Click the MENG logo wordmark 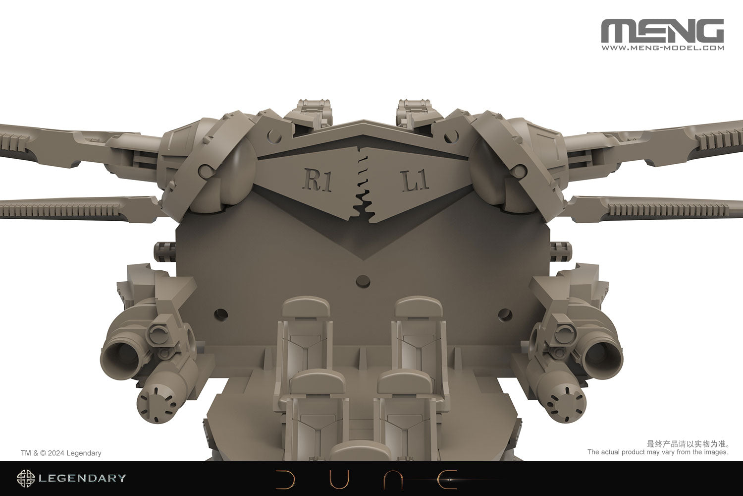(662, 31)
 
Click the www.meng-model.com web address (662, 48)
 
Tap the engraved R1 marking (317, 180)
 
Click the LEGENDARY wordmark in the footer (82, 479)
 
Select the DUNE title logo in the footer (367, 479)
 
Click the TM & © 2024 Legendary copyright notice (61, 453)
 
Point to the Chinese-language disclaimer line (688, 443)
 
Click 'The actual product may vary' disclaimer (657, 452)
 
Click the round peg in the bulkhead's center (363, 281)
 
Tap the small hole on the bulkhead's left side (221, 313)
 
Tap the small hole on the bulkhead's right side (505, 314)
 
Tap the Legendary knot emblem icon (26, 479)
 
